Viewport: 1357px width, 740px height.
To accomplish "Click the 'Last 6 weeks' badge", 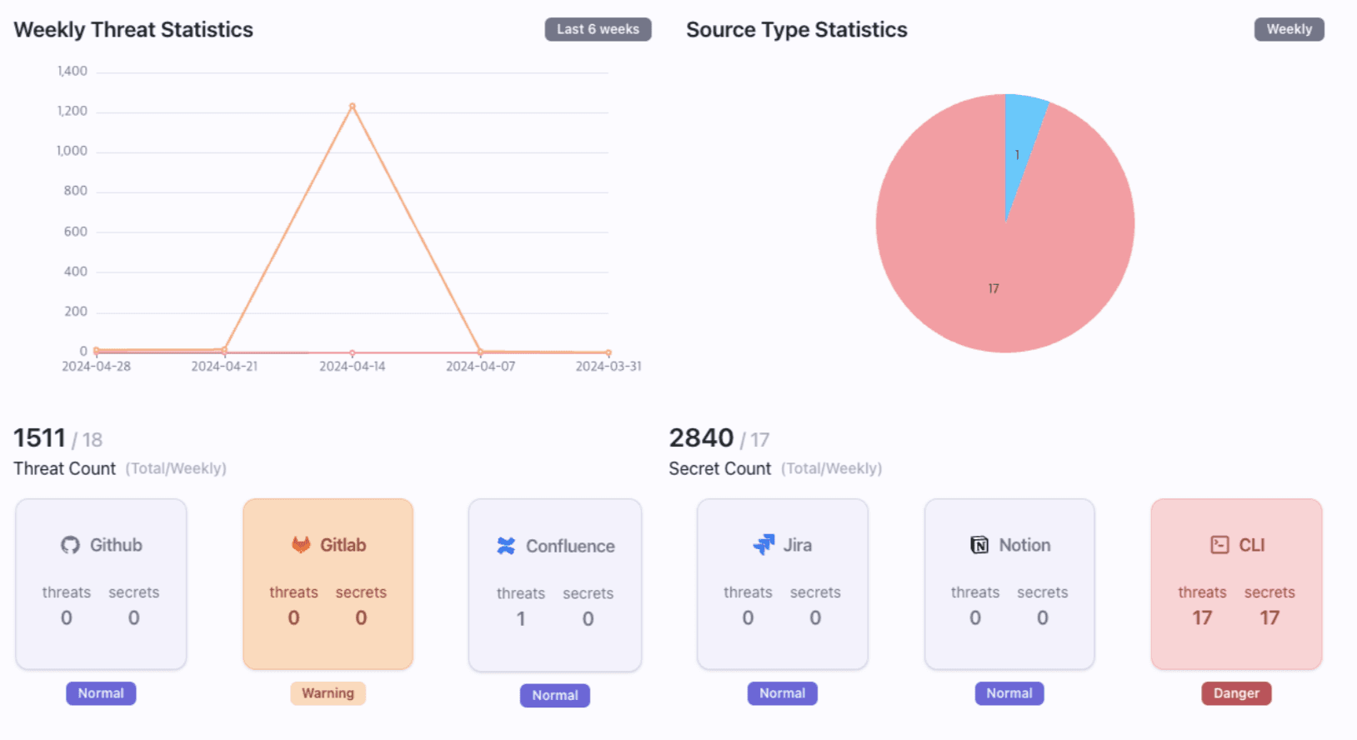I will point(598,29).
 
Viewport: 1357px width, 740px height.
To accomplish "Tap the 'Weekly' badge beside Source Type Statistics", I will point(1289,29).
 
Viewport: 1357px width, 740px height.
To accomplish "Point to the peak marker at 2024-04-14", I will point(353,107).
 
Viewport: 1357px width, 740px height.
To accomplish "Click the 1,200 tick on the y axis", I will point(73,111).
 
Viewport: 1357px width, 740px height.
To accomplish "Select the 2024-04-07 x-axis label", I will point(480,367).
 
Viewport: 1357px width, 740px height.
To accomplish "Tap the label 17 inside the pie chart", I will point(994,288).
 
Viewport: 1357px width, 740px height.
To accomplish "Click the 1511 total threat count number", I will point(39,438).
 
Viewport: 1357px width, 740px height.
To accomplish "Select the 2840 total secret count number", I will point(701,438).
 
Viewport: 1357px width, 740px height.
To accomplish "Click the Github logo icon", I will point(70,545).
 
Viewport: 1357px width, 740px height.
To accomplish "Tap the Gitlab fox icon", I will point(301,545).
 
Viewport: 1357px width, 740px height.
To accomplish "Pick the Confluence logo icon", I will point(506,546).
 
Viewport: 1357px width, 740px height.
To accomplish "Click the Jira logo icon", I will point(764,545).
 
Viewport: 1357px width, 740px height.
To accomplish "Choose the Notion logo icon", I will point(979,545).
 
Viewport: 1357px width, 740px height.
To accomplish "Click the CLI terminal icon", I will point(1219,545).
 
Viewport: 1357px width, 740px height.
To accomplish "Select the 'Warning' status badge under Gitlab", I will point(328,693).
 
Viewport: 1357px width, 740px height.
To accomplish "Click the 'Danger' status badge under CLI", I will point(1236,693).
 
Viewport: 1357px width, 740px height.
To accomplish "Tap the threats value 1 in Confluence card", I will point(521,619).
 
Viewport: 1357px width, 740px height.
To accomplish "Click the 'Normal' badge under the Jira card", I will point(782,693).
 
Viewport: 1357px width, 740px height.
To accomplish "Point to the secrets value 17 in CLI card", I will point(1269,618).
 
